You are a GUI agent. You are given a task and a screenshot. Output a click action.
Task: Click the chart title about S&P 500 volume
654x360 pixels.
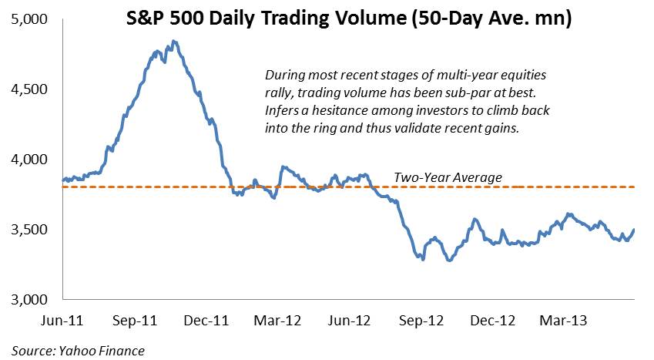coord(349,19)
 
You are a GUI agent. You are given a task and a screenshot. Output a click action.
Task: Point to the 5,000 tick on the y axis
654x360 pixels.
coord(29,19)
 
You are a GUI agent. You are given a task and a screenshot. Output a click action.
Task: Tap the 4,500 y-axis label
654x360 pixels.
coord(29,89)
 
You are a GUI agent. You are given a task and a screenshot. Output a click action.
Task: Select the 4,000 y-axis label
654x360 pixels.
coord(29,160)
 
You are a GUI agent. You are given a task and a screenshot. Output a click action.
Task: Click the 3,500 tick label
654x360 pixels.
coord(29,230)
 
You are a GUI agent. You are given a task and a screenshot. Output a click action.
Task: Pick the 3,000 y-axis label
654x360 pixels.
coord(29,300)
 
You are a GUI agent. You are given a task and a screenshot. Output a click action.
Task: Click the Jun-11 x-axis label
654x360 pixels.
coord(62,321)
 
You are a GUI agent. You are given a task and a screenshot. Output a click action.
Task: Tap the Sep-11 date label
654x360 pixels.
coord(135,321)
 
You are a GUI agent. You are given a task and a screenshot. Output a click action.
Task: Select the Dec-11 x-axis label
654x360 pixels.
coord(206,321)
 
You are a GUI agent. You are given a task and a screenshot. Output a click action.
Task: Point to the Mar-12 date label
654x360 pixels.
coord(277,321)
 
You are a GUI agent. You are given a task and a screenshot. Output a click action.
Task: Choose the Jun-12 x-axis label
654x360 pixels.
coord(349,321)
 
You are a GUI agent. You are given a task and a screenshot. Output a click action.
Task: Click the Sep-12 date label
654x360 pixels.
coord(421,321)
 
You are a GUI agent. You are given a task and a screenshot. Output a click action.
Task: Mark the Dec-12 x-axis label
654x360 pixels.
coord(493,321)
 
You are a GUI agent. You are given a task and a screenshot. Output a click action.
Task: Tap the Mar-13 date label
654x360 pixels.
coord(564,321)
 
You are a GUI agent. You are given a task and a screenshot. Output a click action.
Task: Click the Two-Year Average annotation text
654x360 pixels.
coord(448,177)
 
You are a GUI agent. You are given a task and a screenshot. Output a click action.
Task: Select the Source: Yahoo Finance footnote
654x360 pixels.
coord(78,351)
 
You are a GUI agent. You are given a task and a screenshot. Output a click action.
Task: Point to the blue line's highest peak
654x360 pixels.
coord(174,41)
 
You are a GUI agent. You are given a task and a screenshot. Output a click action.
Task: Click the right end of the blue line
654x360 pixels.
coord(635,229)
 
